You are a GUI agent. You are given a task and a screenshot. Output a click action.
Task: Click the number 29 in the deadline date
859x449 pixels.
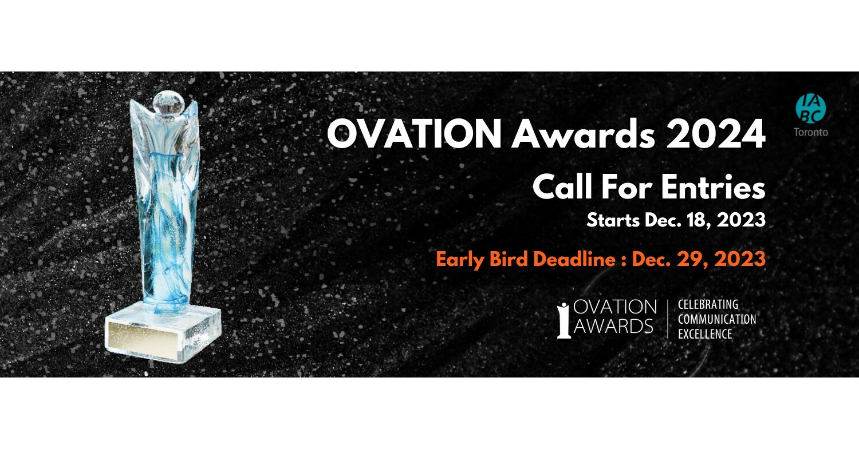(x=694, y=259)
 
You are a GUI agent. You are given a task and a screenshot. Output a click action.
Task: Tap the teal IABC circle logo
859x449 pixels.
(x=810, y=108)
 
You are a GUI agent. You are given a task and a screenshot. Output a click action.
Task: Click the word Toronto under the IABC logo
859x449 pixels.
(x=810, y=132)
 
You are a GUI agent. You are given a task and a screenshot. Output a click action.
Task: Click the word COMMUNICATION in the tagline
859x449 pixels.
(x=717, y=319)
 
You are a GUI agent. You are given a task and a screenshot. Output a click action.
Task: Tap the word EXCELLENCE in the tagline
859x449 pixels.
(x=705, y=334)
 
